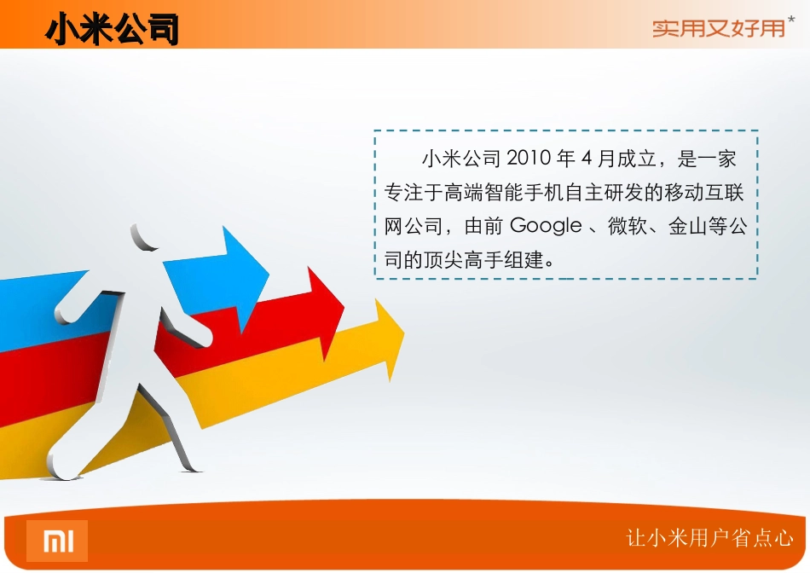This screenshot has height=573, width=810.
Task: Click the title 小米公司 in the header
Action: click(x=113, y=30)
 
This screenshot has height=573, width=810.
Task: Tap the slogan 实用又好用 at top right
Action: click(x=718, y=28)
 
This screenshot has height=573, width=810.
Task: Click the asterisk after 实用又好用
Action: click(x=791, y=19)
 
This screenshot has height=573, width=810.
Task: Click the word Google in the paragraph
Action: click(x=546, y=227)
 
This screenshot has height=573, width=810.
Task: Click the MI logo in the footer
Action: click(x=57, y=541)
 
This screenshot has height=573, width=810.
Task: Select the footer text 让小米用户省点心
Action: click(x=710, y=538)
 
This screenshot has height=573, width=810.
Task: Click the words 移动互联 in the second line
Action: click(x=704, y=193)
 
